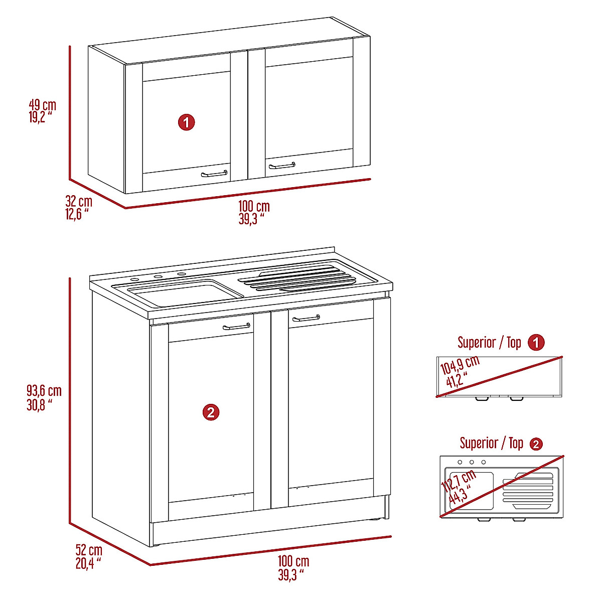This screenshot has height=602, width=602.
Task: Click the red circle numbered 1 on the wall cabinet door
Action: coord(187,122)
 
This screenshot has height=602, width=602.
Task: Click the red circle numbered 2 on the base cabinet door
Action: coord(211,412)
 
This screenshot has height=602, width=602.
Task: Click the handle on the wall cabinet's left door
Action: coord(214,174)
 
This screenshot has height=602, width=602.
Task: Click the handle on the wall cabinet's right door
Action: coord(282,166)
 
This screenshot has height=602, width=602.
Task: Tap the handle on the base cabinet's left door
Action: coord(237,327)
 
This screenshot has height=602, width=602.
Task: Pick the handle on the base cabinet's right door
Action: coord(306,318)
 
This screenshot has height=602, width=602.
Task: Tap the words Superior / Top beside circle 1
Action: coord(489,343)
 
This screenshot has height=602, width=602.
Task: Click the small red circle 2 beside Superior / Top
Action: coord(536,444)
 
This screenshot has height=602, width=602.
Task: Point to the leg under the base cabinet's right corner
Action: coord(386,507)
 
